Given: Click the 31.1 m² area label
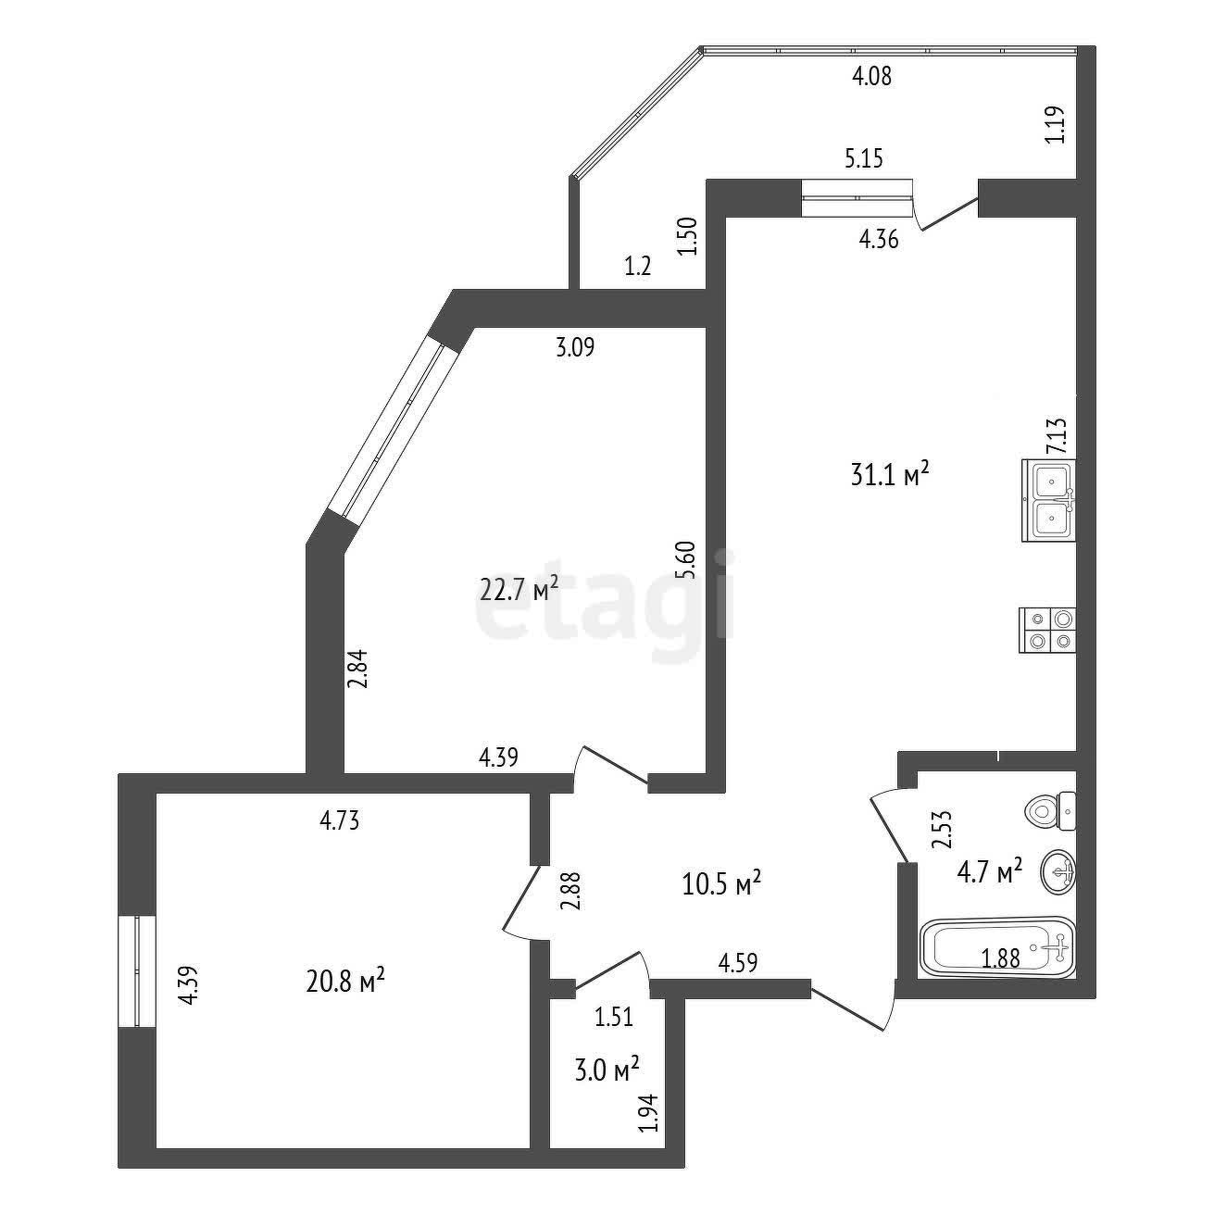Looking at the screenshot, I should point(889,476).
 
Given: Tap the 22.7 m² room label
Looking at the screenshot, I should point(519,588).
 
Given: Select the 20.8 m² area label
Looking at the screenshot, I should point(345,980).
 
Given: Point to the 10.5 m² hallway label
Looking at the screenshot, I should point(721,883).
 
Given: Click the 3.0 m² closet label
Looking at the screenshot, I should point(607,1070).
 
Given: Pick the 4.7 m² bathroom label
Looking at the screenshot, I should point(990,871).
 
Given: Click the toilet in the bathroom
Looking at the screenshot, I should point(1051,812).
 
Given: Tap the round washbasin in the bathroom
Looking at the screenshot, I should point(1060,871).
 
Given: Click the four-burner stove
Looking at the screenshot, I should point(1047,630).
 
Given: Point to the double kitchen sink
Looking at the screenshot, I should point(1049,499).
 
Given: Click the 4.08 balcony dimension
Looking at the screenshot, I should point(871,77).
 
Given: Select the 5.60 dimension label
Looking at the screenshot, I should point(684,560).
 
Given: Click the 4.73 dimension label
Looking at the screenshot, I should point(339,820).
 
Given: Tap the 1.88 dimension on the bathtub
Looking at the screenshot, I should point(1001,959).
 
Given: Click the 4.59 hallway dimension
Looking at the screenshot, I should point(737,963).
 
